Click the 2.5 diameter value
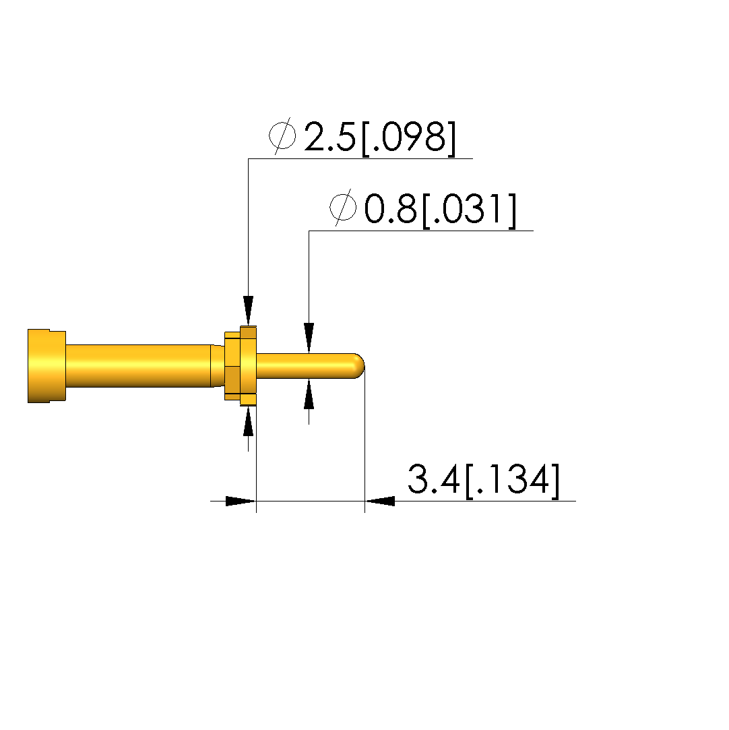(x=330, y=138)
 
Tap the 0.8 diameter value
(x=390, y=210)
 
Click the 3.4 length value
(x=434, y=479)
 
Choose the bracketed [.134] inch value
(x=513, y=481)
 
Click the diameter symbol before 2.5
(x=282, y=135)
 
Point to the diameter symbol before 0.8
(x=344, y=208)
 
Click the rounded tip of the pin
(x=359, y=366)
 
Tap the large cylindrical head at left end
(x=46, y=366)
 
